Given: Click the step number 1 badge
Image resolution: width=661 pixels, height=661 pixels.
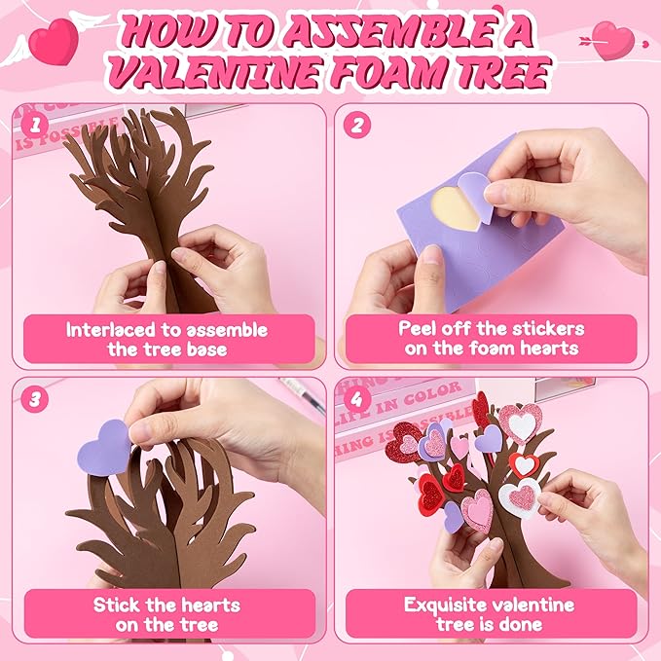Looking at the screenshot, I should (35, 126).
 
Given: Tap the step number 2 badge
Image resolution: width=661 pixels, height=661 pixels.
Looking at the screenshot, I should (357, 126).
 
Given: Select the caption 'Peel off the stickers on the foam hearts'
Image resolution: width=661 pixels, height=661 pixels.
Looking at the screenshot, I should (492, 339).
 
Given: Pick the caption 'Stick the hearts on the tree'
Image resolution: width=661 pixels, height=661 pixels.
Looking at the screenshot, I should (167, 614).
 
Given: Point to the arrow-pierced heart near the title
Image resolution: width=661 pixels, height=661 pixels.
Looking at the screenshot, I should (614, 40).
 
